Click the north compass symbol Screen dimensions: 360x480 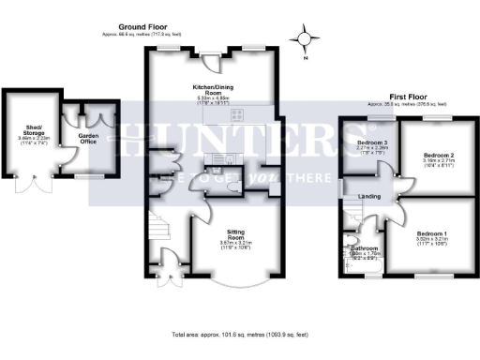click(303, 41)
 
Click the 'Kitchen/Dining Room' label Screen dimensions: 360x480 click(213, 89)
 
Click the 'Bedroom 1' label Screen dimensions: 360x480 click(433, 232)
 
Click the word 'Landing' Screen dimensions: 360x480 click(370, 196)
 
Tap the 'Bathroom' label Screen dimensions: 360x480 click(365, 247)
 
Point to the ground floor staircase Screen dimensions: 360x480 click(160, 229)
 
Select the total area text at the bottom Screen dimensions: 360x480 click(239, 335)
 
